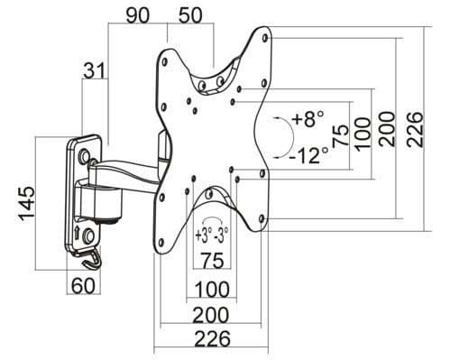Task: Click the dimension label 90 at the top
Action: point(137,15)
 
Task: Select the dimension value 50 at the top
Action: point(190,15)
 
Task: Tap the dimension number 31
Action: point(95,70)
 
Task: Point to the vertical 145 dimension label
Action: point(27,204)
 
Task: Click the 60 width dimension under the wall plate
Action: point(83,285)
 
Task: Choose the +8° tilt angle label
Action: point(308,118)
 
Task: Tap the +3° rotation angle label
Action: point(204,235)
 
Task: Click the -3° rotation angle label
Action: point(221,235)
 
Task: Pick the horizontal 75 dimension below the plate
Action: point(213,261)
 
